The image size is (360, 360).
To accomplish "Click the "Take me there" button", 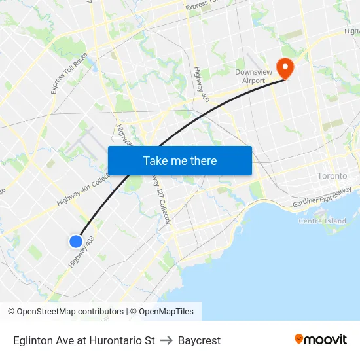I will [x=180, y=160].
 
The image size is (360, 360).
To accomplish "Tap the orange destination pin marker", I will [x=285, y=67].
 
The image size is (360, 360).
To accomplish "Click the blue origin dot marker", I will [x=76, y=242].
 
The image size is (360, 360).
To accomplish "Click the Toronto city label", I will [x=332, y=176].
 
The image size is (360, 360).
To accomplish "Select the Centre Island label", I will [x=322, y=221].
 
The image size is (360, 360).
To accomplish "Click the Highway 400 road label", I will [x=201, y=84].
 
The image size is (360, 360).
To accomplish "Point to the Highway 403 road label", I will [x=82, y=252].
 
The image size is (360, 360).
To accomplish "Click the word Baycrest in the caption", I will [x=199, y=340].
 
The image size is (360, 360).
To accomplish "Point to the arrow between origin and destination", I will [x=166, y=340].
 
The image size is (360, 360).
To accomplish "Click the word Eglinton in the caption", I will [x=31, y=340].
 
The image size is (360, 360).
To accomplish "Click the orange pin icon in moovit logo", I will [x=299, y=339].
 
